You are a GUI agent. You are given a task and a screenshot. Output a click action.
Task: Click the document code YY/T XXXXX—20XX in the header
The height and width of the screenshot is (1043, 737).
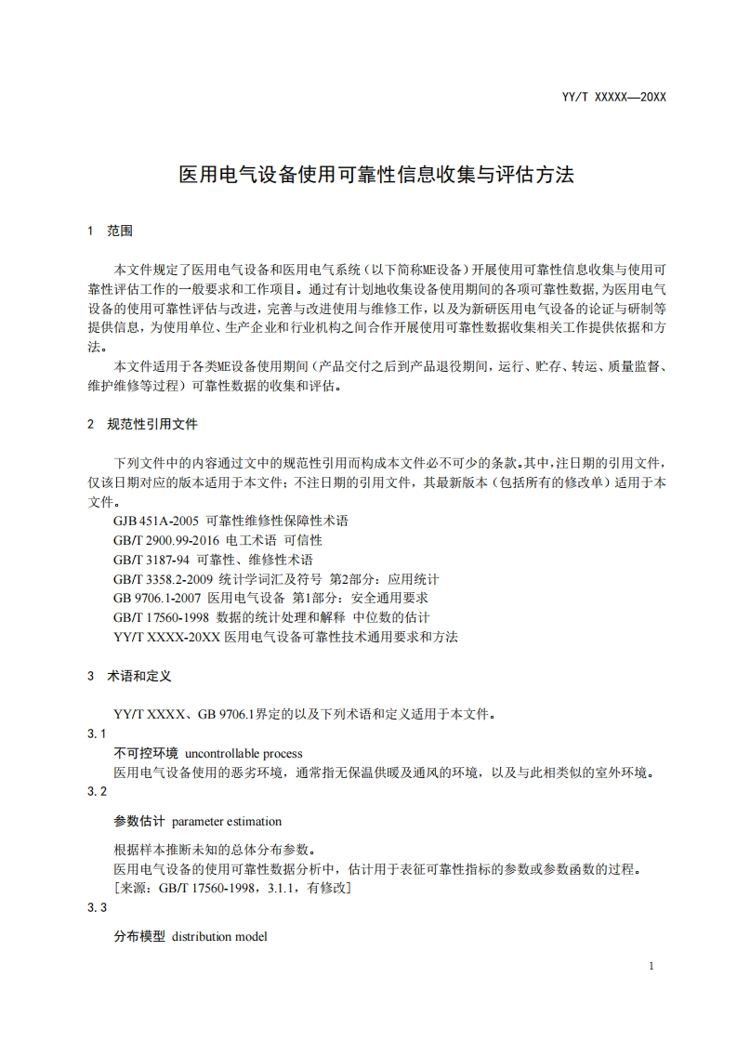pos(614,96)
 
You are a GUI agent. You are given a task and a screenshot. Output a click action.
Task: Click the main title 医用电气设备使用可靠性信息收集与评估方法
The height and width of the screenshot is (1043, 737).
pos(375,175)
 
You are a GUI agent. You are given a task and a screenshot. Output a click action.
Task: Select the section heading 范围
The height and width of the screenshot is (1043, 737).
pos(121,231)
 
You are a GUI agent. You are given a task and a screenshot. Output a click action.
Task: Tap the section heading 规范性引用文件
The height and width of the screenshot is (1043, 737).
pos(152,424)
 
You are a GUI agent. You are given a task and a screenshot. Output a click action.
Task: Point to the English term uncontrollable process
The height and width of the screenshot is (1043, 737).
pos(244,753)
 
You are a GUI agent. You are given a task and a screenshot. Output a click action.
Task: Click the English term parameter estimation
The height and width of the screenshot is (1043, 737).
pos(227,822)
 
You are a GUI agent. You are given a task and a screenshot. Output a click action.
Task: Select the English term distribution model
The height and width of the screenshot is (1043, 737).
pos(219,936)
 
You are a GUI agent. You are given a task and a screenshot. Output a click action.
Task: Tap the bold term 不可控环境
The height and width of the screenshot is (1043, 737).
pos(146,753)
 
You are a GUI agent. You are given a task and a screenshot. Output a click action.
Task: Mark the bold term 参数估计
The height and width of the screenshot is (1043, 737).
pos(139,822)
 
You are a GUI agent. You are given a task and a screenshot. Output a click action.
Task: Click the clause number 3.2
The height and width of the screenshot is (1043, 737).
pos(98,791)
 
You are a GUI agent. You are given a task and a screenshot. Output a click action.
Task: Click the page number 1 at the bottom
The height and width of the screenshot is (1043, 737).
pos(651,966)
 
